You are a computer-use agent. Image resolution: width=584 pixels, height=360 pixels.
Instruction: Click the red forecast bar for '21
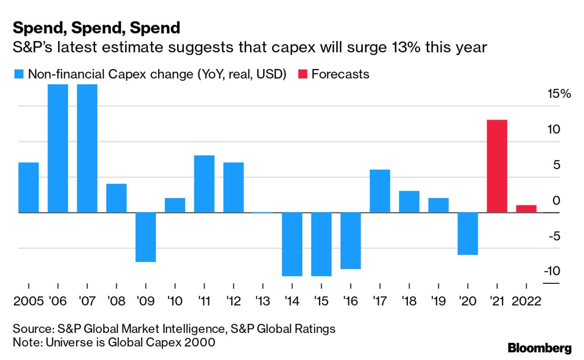497,166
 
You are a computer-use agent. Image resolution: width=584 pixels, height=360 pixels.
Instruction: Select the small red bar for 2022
526,209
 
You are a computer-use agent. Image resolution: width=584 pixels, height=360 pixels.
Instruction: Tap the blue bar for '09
146,237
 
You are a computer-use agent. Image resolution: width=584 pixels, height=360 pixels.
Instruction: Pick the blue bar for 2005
29,187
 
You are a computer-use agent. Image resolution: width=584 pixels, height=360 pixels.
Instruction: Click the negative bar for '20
468,234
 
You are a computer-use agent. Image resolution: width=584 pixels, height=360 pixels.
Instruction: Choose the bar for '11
204,184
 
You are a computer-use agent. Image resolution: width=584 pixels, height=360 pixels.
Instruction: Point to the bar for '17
380,191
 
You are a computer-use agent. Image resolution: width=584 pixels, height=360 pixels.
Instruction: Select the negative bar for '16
350,241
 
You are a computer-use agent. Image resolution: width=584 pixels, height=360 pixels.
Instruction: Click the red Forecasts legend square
303,74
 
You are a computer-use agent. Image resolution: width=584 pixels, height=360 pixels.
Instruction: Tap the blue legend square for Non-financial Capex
19,74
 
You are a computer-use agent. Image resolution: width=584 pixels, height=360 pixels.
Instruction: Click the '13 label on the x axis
262,301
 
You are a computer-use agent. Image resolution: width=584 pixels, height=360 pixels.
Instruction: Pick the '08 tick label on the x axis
116,301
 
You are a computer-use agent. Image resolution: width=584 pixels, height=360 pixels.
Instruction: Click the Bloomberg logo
539,348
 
